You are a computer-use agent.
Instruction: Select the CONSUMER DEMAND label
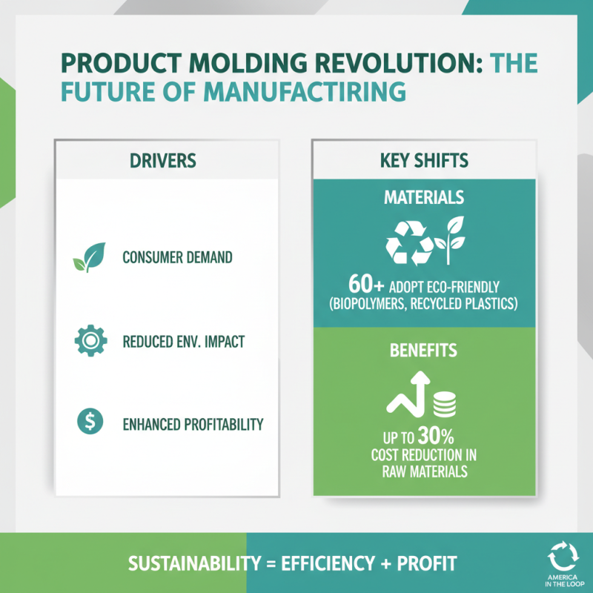pyautogui.click(x=177, y=259)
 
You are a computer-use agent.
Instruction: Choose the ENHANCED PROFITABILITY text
pyautogui.click(x=193, y=425)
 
